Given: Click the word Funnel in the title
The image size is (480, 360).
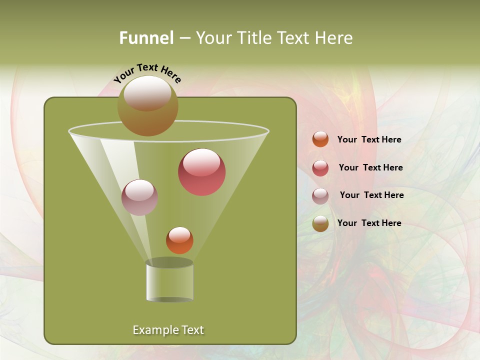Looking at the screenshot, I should point(146,38).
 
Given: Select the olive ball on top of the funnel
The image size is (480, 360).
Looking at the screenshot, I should point(147,106).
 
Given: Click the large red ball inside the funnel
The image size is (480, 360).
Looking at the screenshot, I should point(201,172).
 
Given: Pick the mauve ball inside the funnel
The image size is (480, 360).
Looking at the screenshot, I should point(139,197).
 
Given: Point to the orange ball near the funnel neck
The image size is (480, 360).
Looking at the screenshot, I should point(179,240).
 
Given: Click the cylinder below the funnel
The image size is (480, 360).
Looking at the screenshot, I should point(169,281).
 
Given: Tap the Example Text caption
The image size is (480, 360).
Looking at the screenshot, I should point(168,330).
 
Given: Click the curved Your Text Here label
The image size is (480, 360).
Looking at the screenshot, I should point(147,72).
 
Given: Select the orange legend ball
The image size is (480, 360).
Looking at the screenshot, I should point(320,139).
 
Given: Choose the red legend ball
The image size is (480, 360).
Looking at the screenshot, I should point(320,168).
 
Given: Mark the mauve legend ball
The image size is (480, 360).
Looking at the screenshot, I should point(320,196).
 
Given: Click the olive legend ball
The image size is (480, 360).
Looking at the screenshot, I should point(320,223).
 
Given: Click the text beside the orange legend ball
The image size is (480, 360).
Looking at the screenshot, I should point(369,139).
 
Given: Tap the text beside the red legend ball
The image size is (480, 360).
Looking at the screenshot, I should point(370,167).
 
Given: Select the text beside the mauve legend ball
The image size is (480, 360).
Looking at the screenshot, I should point(371,195).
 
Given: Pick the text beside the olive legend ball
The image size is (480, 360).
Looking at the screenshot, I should point(369,223).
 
